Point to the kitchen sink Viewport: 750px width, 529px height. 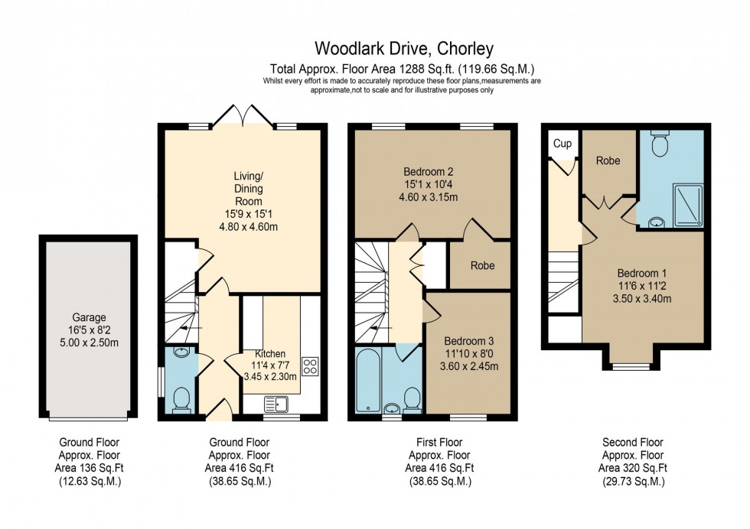point(276,402)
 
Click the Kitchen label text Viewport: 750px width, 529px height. point(270,354)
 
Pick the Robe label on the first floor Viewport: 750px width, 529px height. point(482,266)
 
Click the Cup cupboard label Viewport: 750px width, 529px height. point(562,144)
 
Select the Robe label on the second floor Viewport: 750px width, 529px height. point(608,161)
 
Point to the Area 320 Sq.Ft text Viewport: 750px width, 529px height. point(632,468)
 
